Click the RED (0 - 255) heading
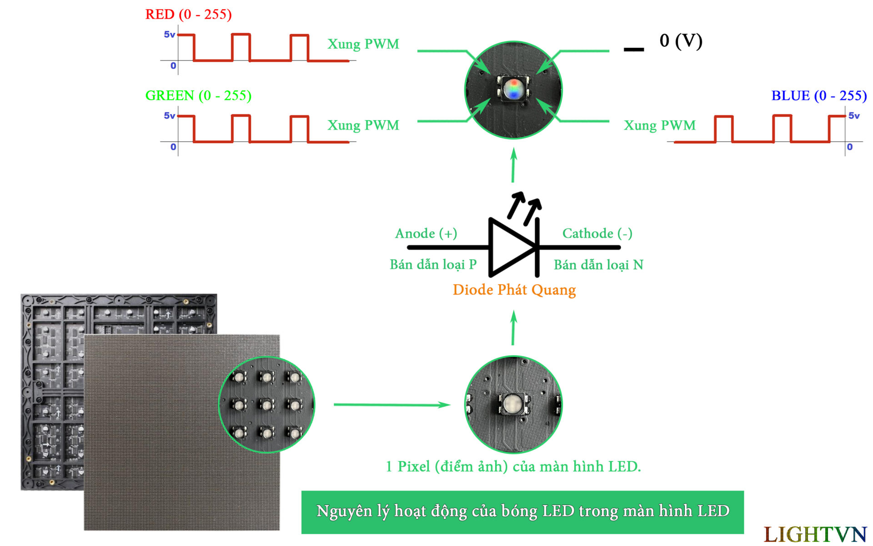point(188,15)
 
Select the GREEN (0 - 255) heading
point(198,96)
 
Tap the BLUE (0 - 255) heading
point(819,96)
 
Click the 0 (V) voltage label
point(681,41)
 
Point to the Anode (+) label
point(426,233)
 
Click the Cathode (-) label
point(597,233)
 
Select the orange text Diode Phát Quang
point(514,290)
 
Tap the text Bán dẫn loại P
point(433,264)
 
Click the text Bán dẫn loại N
point(598,264)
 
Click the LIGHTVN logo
point(815,534)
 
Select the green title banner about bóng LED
point(522,511)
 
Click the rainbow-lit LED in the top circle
point(513,88)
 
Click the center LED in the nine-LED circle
point(266,404)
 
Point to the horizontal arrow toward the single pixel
point(391,404)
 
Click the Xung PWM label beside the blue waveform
point(659,126)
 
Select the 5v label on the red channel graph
point(169,35)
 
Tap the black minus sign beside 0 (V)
point(633,49)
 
